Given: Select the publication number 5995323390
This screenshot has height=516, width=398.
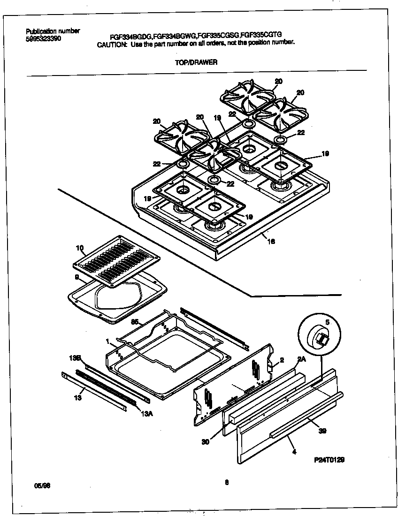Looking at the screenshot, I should pyautogui.click(x=43, y=38).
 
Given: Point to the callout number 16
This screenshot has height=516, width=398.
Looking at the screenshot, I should pyautogui.click(x=271, y=242).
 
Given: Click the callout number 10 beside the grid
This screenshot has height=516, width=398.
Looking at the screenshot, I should pyautogui.click(x=79, y=247).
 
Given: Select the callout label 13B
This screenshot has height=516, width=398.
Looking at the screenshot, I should pyautogui.click(x=76, y=358).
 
